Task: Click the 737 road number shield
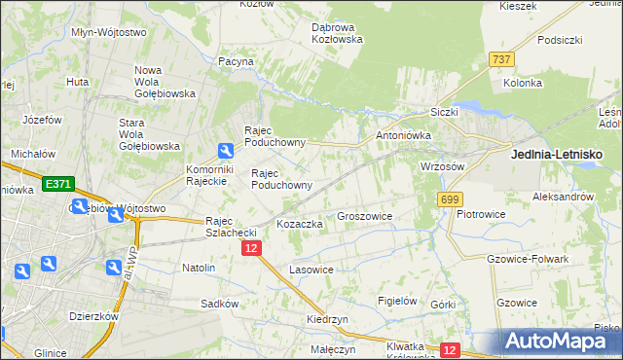click(x=502, y=59)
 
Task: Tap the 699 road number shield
click(x=449, y=199)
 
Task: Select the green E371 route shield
click(x=57, y=183)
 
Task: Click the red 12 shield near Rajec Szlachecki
click(x=251, y=249)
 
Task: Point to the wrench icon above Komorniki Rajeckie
click(x=226, y=150)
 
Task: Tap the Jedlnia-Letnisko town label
click(x=557, y=154)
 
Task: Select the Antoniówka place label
click(x=401, y=135)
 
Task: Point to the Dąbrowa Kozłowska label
click(x=337, y=33)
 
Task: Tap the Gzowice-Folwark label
click(x=525, y=259)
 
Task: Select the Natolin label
click(x=199, y=267)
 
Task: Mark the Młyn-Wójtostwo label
click(x=109, y=31)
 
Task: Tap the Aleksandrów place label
click(x=563, y=196)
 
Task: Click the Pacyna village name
click(x=236, y=61)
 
